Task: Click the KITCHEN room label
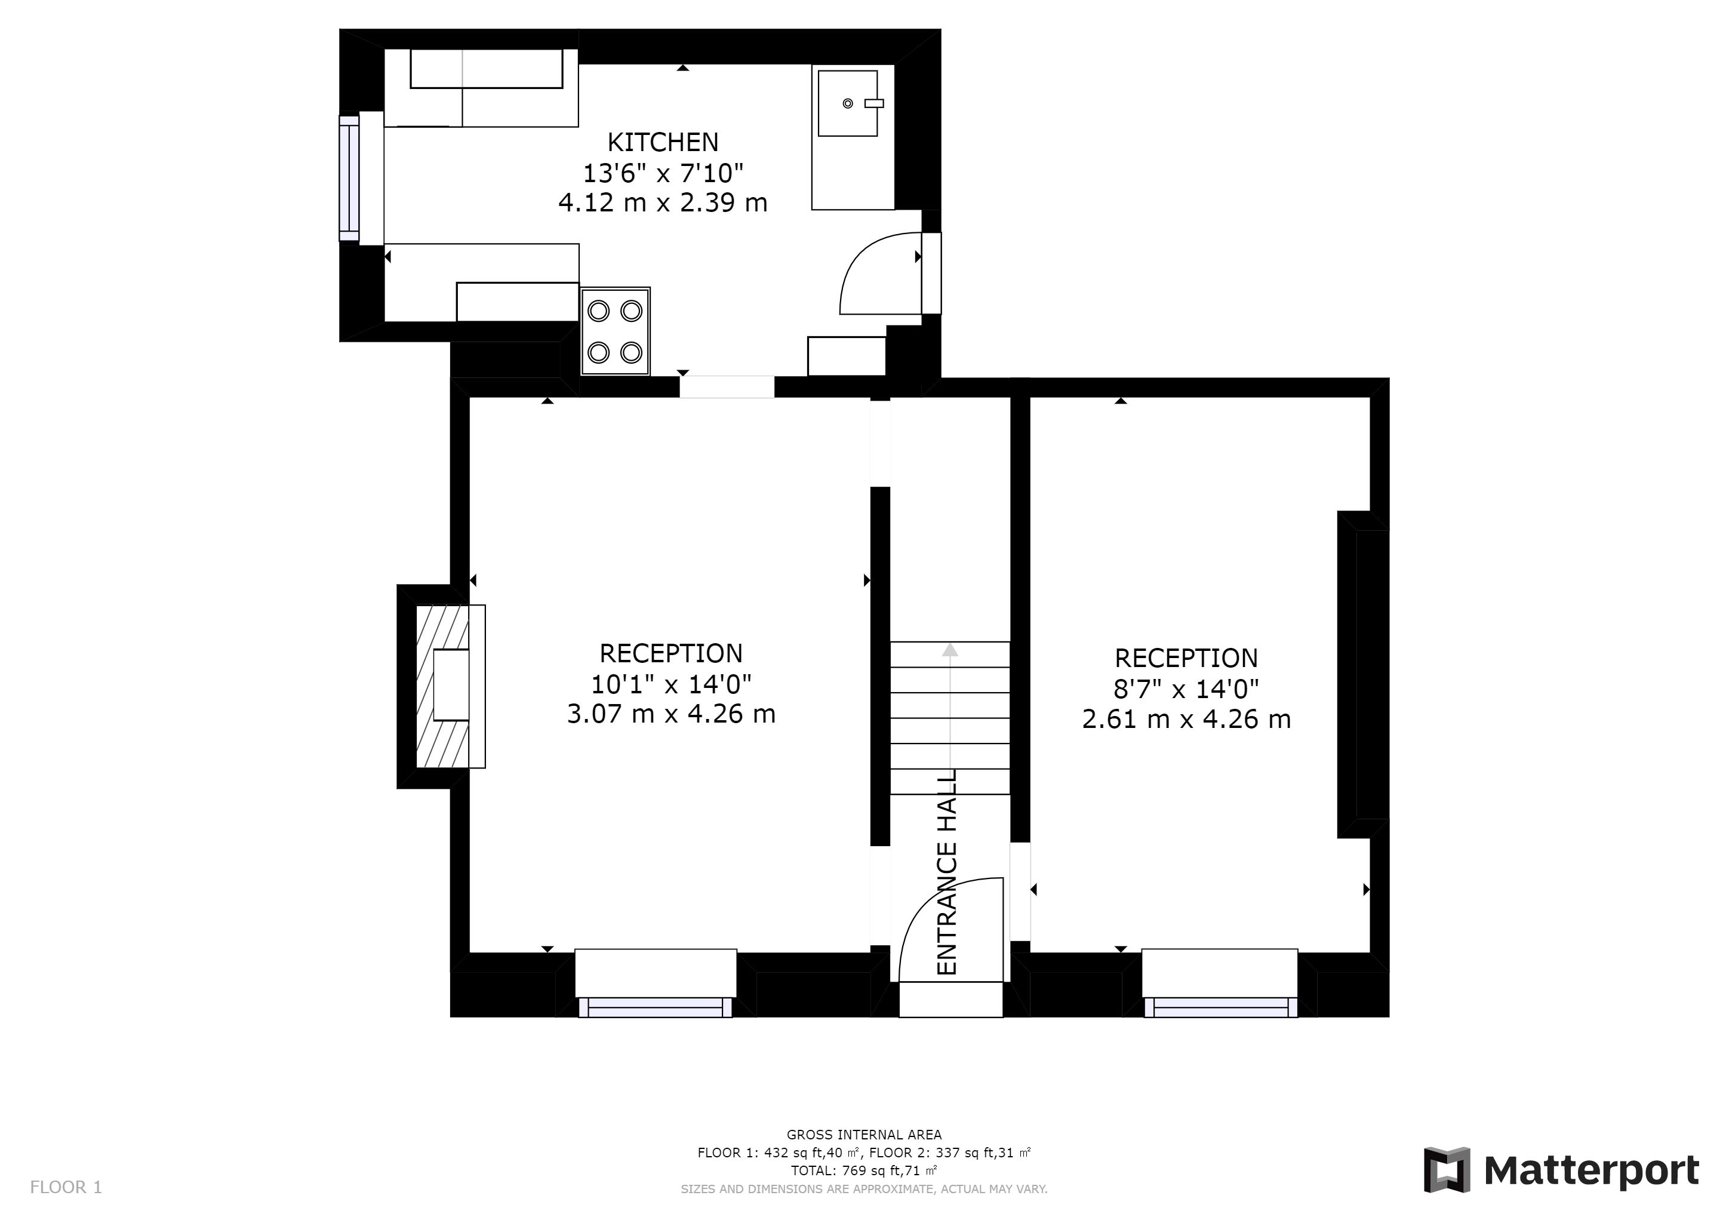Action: tap(663, 142)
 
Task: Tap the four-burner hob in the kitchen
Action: tap(616, 331)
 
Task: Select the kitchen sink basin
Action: tap(848, 103)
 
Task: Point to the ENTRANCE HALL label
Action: tap(946, 871)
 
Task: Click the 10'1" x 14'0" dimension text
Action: tap(671, 684)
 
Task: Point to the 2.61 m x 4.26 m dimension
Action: tap(1186, 719)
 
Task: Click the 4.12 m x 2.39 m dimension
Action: tap(663, 202)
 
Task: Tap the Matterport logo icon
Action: tap(1447, 1169)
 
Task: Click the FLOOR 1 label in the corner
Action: tap(66, 1188)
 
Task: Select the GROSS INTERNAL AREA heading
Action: tap(864, 1135)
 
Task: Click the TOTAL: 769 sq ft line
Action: tap(864, 1171)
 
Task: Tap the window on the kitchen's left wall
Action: tap(349, 178)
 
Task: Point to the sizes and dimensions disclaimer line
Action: tap(864, 1189)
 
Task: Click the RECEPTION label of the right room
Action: tap(1186, 658)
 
